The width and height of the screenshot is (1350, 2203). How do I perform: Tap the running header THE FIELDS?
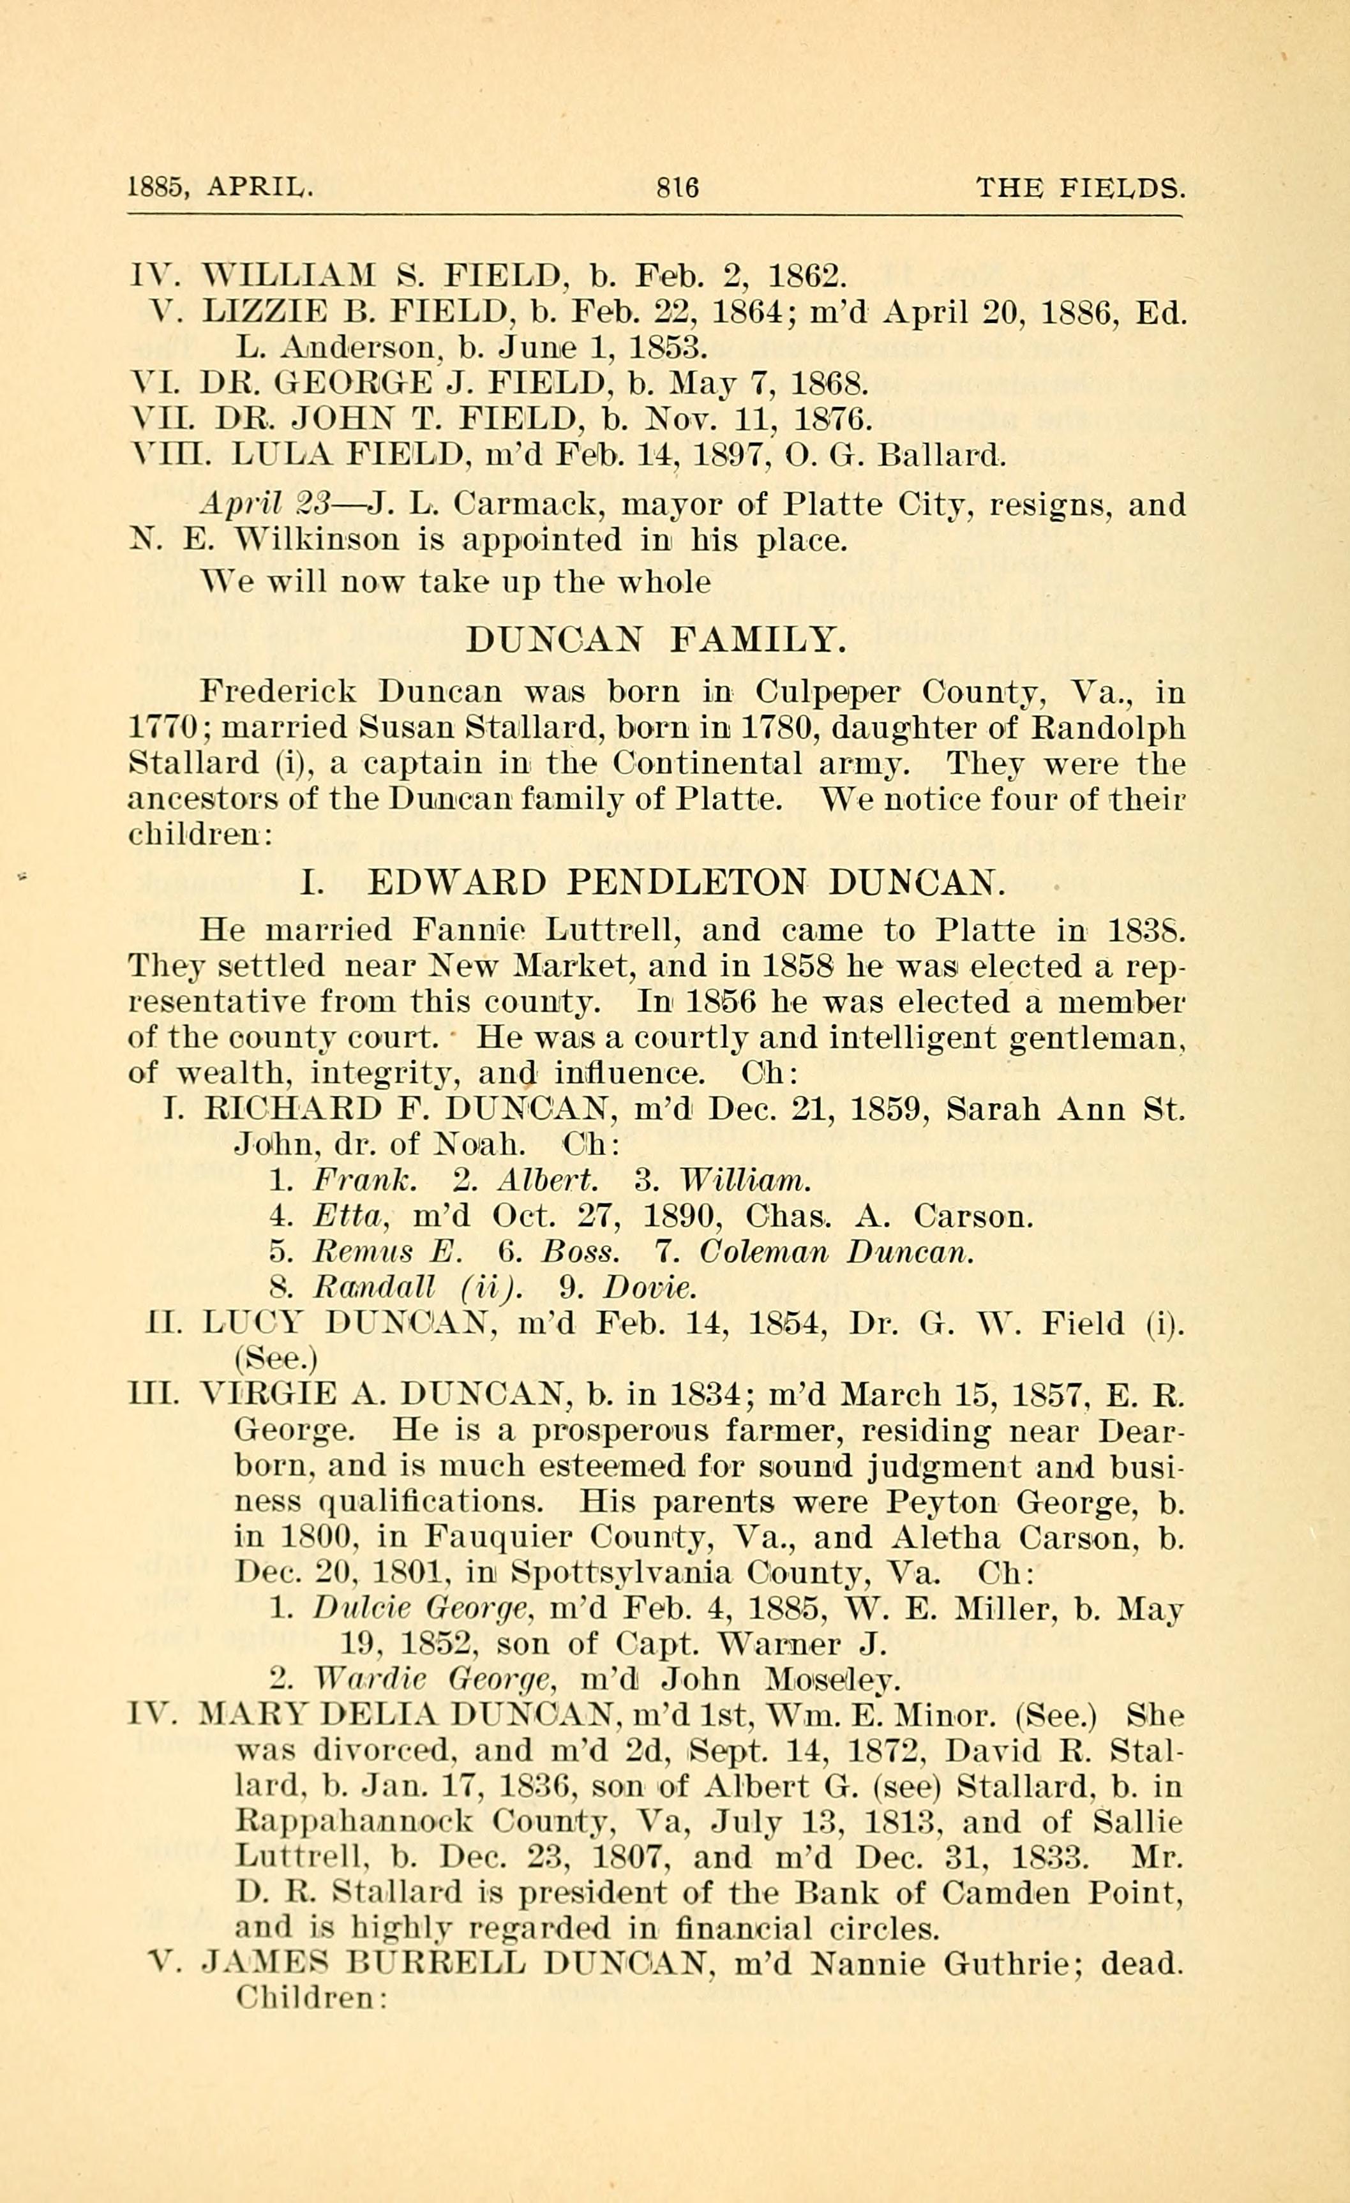pyautogui.click(x=1081, y=187)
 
